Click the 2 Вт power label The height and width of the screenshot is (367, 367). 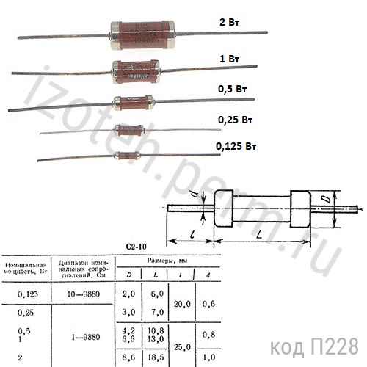(227, 23)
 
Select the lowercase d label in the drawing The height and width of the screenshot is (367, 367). (192, 195)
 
